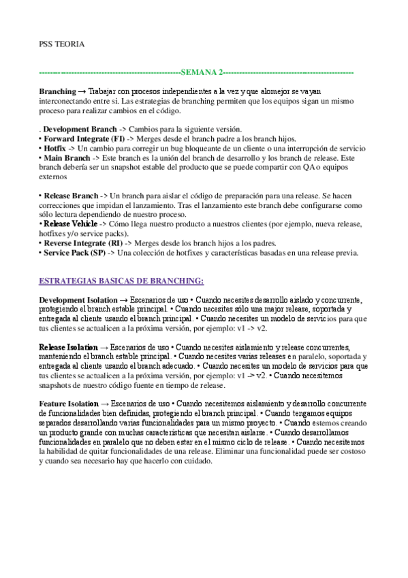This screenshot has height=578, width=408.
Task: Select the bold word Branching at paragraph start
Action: [57, 91]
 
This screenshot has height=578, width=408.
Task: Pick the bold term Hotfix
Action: [54, 147]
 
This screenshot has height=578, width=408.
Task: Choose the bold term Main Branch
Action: [66, 157]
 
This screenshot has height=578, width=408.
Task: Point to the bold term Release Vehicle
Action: [70, 223]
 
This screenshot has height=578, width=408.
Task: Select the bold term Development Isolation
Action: [78, 300]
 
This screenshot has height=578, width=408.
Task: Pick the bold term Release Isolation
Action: [68, 347]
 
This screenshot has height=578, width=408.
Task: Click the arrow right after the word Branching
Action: [81, 91]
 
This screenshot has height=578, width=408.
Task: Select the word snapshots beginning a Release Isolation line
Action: [57, 385]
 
